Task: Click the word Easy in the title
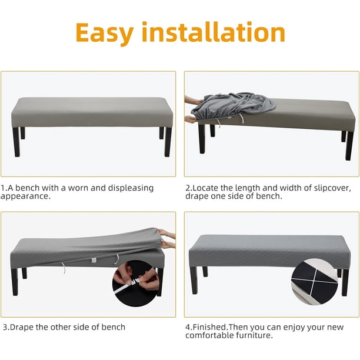click(x=105, y=33)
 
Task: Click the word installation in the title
click(x=214, y=32)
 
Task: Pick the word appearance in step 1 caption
click(x=25, y=196)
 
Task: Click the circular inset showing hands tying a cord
click(x=136, y=284)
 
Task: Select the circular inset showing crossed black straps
click(x=315, y=282)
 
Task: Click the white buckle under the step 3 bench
click(x=94, y=261)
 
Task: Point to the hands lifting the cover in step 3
click(x=167, y=239)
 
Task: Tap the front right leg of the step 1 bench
click(x=168, y=142)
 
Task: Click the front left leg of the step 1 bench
click(x=16, y=142)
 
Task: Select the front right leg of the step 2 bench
click(x=349, y=145)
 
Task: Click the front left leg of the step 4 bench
click(x=194, y=281)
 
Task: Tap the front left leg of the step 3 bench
click(x=15, y=282)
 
